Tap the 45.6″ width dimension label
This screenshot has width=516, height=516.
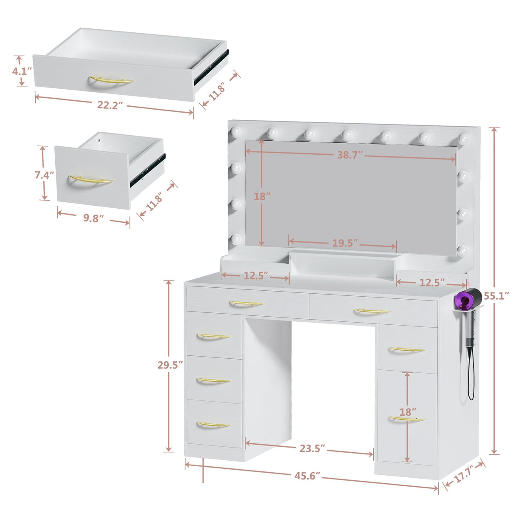tap(307, 476)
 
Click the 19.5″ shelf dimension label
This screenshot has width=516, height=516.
tap(345, 243)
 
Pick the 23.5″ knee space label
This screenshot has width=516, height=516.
tap(312, 448)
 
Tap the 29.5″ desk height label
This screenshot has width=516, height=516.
tap(170, 365)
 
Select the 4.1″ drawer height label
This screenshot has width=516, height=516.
tap(20, 71)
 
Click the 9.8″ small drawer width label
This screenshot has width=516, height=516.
tap(94, 218)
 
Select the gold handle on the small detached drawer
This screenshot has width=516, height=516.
tap(91, 180)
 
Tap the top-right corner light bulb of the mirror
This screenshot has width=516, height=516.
tap(463, 138)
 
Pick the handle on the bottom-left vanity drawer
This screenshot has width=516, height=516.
tap(213, 425)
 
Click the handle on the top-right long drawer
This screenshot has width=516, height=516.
tap(371, 311)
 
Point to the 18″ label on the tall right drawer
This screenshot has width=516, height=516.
tap(407, 412)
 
